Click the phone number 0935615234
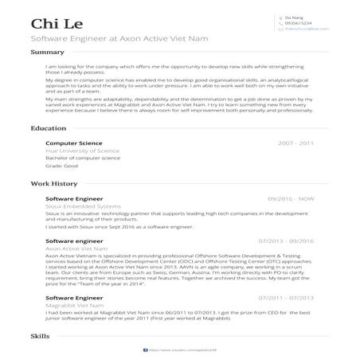pyautogui.click(x=299, y=22)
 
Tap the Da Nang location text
pyautogui.click(x=295, y=17)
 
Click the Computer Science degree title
pyautogui.click(x=72, y=143)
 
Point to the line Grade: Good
pyautogui.click(x=61, y=166)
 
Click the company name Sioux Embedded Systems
pyautogui.click(x=80, y=205)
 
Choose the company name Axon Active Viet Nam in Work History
pyautogui.click(x=77, y=247)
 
